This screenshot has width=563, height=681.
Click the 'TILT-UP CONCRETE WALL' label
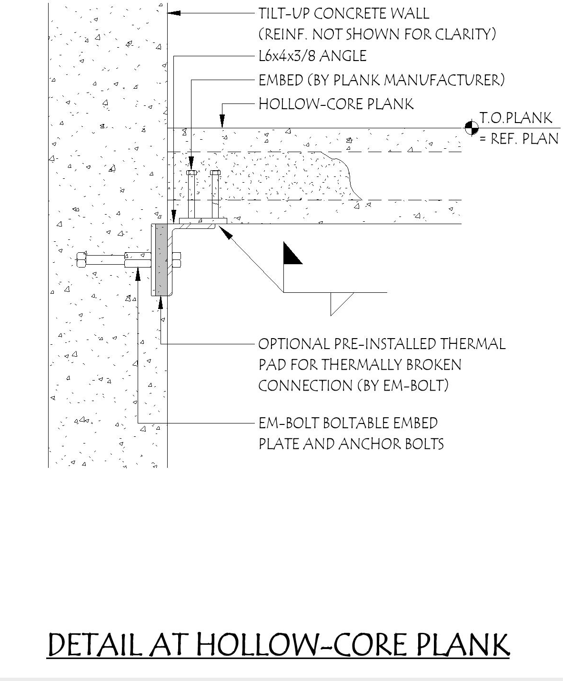pyautogui.click(x=343, y=13)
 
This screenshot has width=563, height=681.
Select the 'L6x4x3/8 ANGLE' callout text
pyautogui.click(x=312, y=56)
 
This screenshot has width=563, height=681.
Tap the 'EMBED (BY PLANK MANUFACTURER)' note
pyautogui.click(x=381, y=80)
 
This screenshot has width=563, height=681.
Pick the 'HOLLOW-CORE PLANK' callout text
pyautogui.click(x=336, y=104)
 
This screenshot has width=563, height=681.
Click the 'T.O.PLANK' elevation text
pyautogui.click(x=516, y=118)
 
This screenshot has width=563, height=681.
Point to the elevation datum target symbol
pyautogui.click(x=472, y=128)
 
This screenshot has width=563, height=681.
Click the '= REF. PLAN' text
pyautogui.click(x=518, y=139)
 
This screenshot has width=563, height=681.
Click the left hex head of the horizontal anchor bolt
pyautogui.click(x=81, y=260)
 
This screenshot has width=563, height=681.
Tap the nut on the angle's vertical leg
pyautogui.click(x=176, y=260)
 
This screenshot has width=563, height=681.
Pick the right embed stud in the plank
pyautogui.click(x=215, y=193)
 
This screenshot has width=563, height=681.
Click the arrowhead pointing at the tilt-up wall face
pyautogui.click(x=173, y=13)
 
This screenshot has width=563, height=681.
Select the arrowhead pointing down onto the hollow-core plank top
pyautogui.click(x=221, y=122)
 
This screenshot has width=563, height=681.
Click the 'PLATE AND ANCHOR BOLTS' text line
pyautogui.click(x=351, y=444)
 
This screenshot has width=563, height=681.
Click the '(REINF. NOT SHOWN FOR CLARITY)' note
pyautogui.click(x=377, y=34)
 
